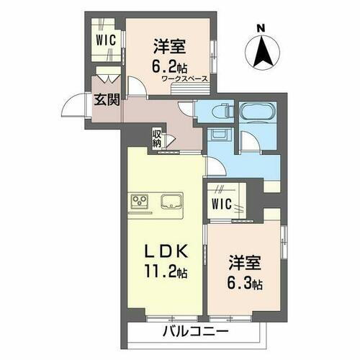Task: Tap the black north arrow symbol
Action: [261, 50]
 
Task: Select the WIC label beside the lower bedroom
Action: [220, 204]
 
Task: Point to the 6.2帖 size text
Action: [170, 64]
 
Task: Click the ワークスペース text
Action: [184, 78]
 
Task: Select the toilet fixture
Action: [220, 112]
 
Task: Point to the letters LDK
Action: [169, 252]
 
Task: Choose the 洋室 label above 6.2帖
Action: [170, 46]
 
